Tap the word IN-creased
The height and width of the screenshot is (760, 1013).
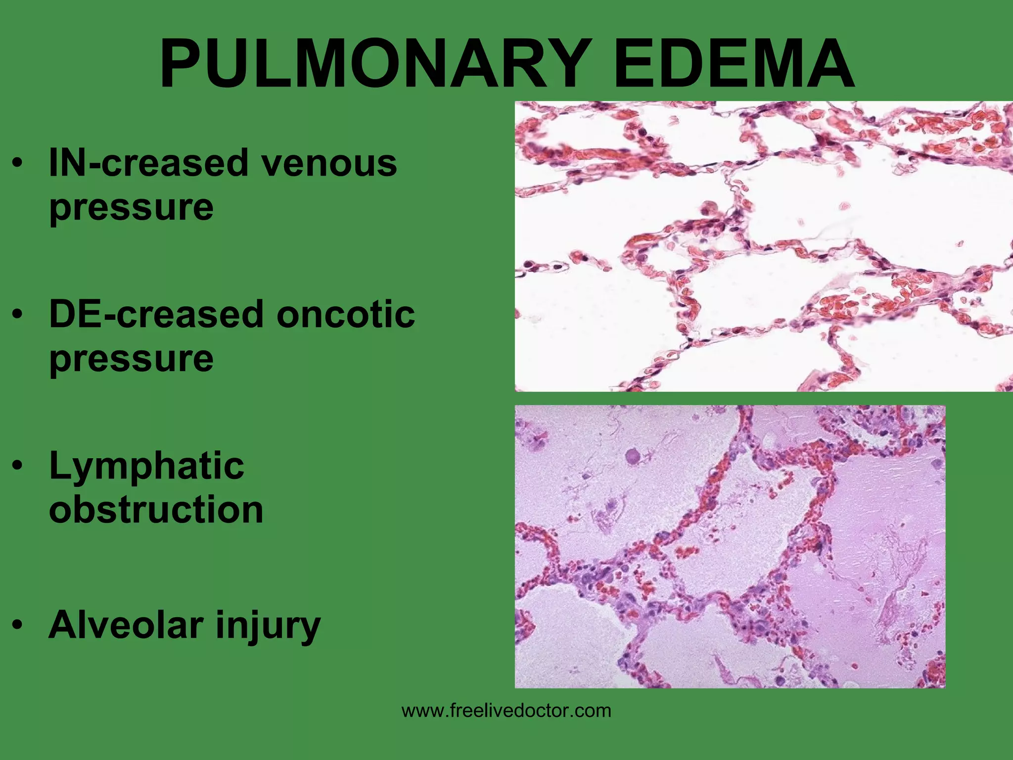tap(148, 163)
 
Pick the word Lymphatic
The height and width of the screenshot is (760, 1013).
tap(146, 467)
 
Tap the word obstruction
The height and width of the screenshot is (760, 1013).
tap(156, 510)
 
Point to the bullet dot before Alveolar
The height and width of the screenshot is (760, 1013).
tap(18, 625)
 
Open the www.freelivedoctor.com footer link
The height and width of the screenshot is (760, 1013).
tap(506, 711)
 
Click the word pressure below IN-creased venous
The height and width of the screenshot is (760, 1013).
tap(131, 208)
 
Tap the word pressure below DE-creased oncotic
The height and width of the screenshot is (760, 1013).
tap(131, 359)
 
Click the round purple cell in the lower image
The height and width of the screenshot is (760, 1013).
tap(633, 456)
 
